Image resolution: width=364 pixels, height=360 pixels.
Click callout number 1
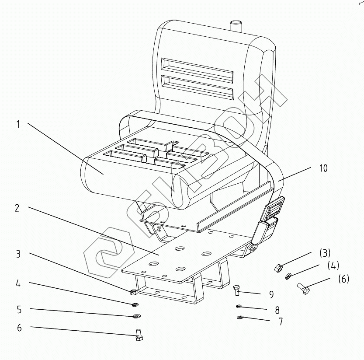tap(18, 124)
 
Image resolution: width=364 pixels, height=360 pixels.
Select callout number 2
tap(17, 208)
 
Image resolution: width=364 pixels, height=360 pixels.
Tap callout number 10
tap(323, 168)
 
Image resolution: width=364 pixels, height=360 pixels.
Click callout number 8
tap(277, 310)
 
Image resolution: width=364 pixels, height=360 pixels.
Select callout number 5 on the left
tap(19, 310)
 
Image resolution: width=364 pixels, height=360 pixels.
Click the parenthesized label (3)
tap(324, 253)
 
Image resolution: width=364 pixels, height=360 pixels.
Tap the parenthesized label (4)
tap(333, 266)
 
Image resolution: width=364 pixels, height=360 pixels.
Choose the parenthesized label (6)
tap(343, 279)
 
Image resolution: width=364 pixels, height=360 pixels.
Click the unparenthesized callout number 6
tap(19, 328)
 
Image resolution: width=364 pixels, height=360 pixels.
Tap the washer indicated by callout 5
tap(137, 316)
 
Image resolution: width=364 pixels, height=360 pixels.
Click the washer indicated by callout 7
tap(239, 317)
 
